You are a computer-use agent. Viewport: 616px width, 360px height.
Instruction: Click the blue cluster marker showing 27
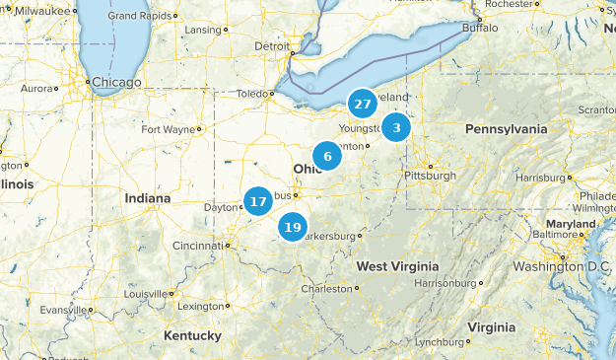(x=363, y=103)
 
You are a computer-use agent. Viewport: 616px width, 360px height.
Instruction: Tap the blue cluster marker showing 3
(x=396, y=127)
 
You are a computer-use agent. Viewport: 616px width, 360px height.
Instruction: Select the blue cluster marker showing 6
(x=327, y=156)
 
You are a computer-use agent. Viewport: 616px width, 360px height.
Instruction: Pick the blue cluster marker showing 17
(x=258, y=201)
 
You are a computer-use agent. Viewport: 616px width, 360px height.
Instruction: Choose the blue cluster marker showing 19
(x=292, y=227)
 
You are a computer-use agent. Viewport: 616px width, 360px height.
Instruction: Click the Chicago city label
(x=116, y=83)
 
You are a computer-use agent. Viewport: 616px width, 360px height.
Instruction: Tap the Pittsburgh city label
(x=430, y=176)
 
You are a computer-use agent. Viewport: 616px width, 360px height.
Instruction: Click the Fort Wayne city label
(x=169, y=129)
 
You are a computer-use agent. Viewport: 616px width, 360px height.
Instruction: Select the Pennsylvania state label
(x=507, y=129)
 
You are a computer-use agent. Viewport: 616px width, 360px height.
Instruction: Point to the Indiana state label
(x=148, y=198)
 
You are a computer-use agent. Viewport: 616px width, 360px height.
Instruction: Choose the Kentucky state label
(x=192, y=336)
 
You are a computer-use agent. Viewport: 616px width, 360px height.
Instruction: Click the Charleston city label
(x=325, y=289)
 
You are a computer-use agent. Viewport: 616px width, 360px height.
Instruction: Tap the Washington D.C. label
(x=562, y=267)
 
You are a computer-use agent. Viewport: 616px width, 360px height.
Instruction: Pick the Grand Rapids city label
(x=136, y=16)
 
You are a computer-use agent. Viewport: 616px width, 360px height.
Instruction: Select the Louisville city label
(x=145, y=294)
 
